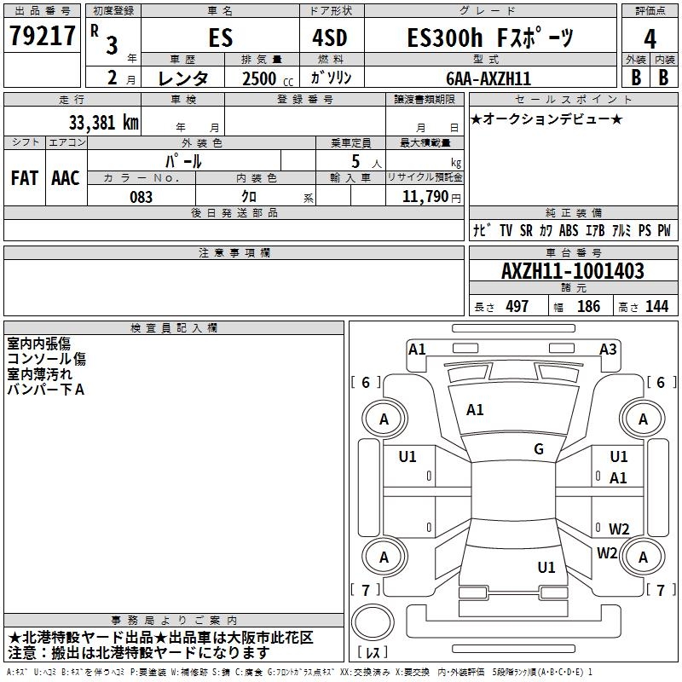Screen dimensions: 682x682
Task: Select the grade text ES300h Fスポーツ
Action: (x=490, y=38)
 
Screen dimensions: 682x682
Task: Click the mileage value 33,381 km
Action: (x=103, y=122)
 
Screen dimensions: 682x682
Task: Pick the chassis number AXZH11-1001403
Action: (x=573, y=271)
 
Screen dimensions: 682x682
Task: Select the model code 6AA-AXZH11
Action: (x=488, y=78)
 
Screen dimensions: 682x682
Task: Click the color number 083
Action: (x=142, y=197)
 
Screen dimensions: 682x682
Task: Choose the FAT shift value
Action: (x=25, y=178)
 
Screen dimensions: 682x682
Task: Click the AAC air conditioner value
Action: (x=66, y=178)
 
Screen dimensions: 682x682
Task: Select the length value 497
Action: (x=517, y=307)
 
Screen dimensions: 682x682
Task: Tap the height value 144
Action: (x=656, y=307)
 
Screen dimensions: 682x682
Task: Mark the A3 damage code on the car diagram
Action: (x=608, y=349)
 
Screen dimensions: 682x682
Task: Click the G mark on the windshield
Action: (x=539, y=449)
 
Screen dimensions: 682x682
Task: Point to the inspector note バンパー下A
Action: (x=45, y=390)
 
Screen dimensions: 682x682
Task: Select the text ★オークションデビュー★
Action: (x=546, y=118)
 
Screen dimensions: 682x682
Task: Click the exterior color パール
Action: (x=183, y=160)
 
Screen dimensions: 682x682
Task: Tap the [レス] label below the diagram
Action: (x=373, y=653)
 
